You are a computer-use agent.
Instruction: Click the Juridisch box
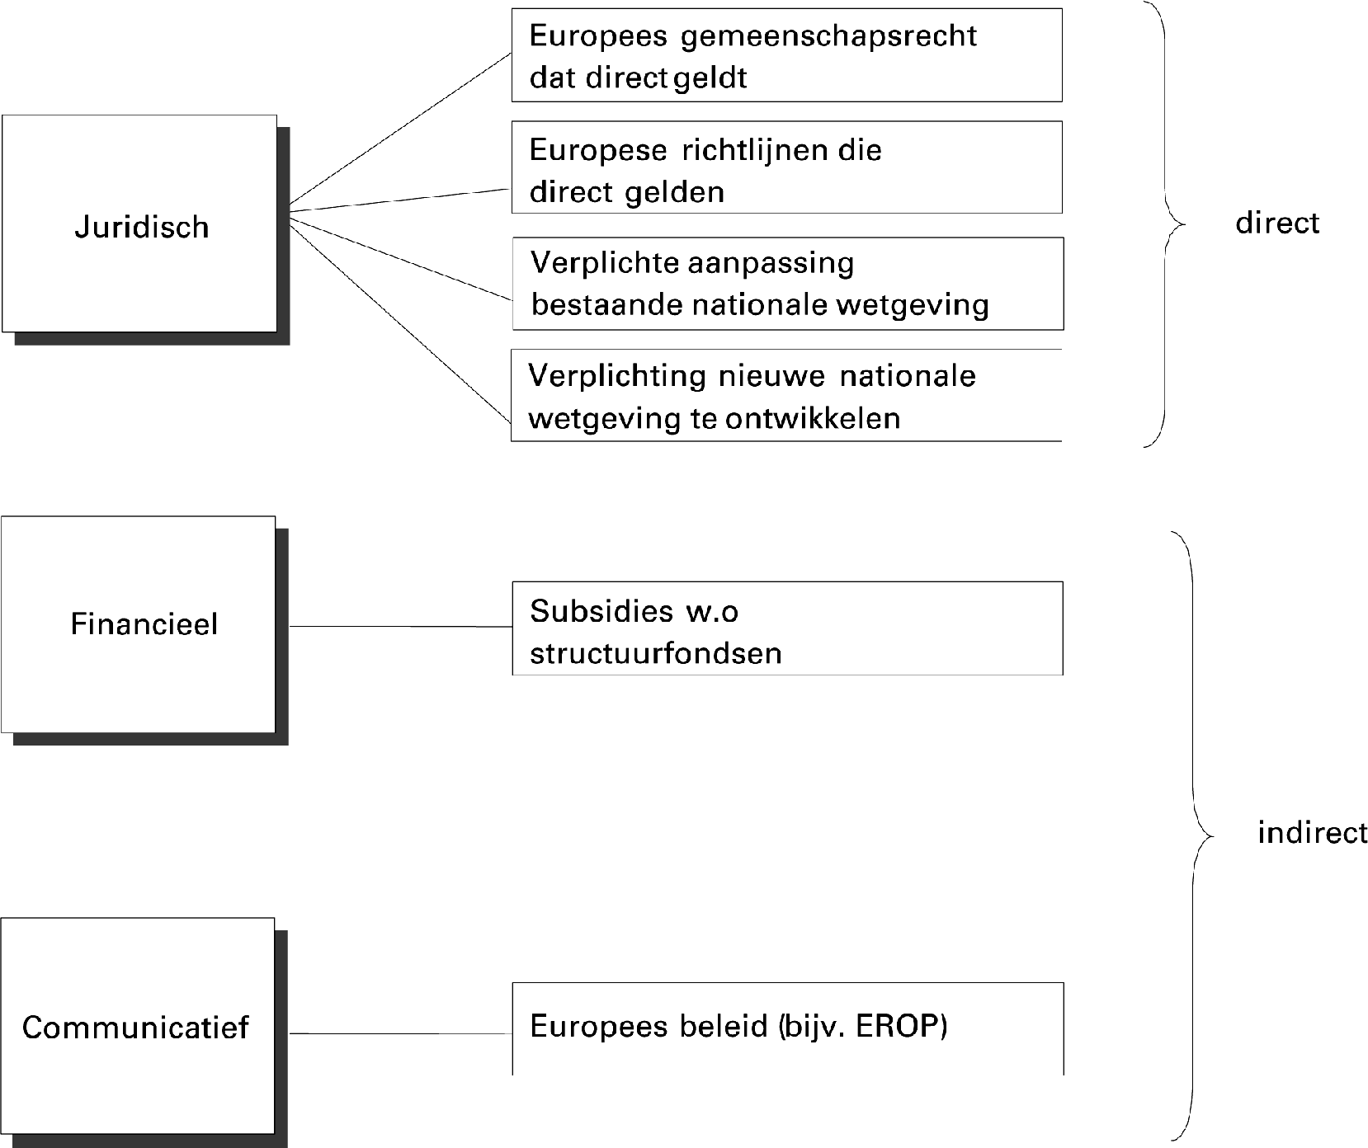click(140, 224)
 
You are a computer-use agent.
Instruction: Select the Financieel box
click(140, 624)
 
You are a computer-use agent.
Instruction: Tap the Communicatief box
click(137, 1027)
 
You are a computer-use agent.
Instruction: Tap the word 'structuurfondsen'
click(655, 653)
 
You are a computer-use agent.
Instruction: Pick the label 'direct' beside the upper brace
click(1277, 223)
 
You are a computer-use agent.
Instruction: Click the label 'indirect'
click(1312, 833)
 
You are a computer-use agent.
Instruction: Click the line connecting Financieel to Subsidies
click(400, 626)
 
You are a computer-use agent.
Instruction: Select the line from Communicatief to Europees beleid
click(400, 1033)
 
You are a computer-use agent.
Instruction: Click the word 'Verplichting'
click(616, 376)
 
